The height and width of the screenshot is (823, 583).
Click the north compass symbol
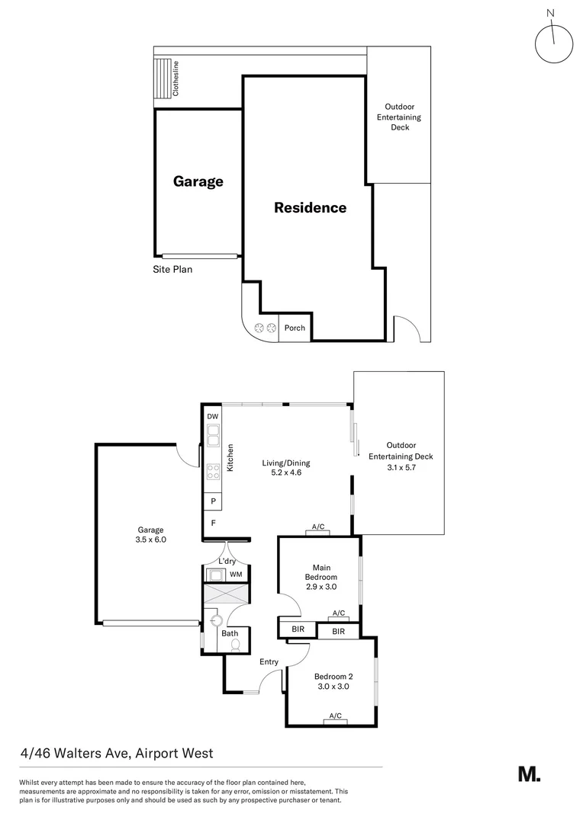pyautogui.click(x=554, y=43)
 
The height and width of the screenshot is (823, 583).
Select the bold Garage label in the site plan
pyautogui.click(x=198, y=181)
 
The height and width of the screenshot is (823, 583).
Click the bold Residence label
pyautogui.click(x=310, y=207)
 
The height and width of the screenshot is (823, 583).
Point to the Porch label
pyautogui.click(x=295, y=328)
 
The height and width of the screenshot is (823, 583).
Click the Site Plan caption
pyautogui.click(x=172, y=269)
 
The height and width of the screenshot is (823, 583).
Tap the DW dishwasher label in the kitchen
pyautogui.click(x=213, y=416)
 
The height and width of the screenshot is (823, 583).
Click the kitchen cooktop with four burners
pyautogui.click(x=214, y=471)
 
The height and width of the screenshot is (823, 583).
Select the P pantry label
pyautogui.click(x=213, y=502)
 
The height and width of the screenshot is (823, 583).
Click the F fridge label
pyautogui.click(x=213, y=524)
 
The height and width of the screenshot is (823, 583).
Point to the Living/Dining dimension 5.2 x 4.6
pyautogui.click(x=286, y=473)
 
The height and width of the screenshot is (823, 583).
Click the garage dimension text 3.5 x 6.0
pyautogui.click(x=151, y=540)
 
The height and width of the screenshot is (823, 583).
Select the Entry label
pyautogui.click(x=269, y=661)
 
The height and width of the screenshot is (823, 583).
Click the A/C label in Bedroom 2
pyautogui.click(x=334, y=716)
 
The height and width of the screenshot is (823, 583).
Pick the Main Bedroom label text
pyautogui.click(x=320, y=572)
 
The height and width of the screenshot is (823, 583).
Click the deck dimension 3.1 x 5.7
pyautogui.click(x=401, y=467)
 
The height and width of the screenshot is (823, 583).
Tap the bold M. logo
pyautogui.click(x=529, y=773)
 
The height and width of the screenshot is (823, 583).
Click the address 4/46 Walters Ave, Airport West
pyautogui.click(x=117, y=754)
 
